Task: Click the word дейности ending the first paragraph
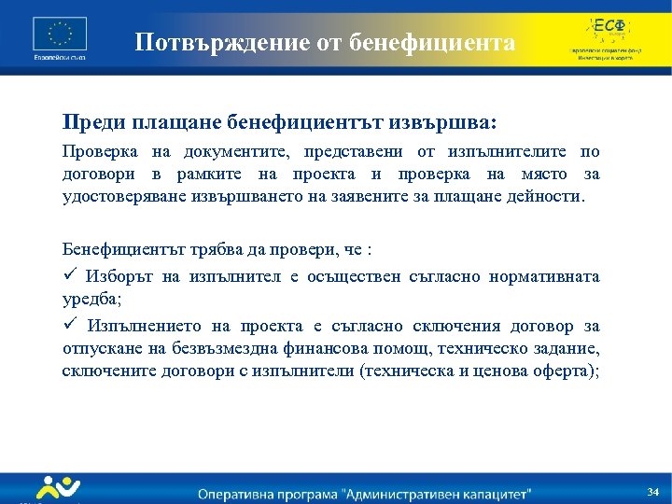[x=543, y=197]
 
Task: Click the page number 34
[x=652, y=491]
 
